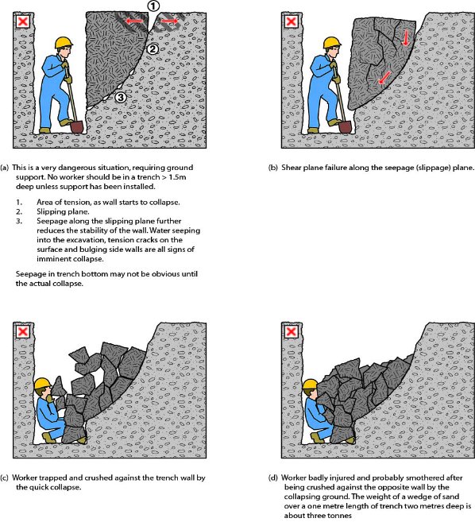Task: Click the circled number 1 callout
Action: (153, 6)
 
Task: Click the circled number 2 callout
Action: (153, 49)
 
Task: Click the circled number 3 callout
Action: (121, 97)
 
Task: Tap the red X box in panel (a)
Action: (23, 22)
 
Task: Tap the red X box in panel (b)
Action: (291, 22)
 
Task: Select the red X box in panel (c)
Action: (23, 332)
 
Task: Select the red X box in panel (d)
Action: (291, 332)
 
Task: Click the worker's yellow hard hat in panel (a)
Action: (64, 43)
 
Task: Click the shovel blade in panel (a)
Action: (77, 127)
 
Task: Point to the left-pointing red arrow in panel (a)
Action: (134, 21)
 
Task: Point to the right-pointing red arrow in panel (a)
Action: (169, 21)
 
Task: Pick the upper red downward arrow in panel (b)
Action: (406, 37)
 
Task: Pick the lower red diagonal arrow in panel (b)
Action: (384, 78)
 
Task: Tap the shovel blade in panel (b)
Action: (345, 127)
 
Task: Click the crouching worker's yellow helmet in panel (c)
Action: (43, 384)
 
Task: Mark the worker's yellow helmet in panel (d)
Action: (311, 385)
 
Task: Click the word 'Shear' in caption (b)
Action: (292, 168)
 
